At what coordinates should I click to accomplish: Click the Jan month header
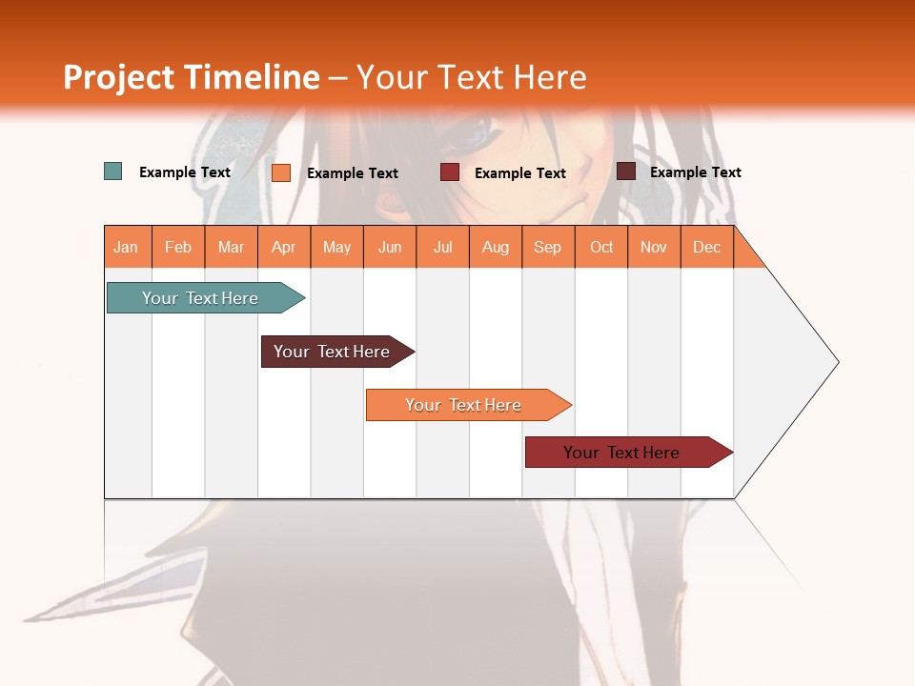(x=127, y=247)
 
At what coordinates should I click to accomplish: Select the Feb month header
(x=178, y=247)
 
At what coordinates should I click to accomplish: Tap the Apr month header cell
(x=284, y=247)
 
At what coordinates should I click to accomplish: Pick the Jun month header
(x=390, y=247)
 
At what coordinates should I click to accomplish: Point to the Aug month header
(x=496, y=247)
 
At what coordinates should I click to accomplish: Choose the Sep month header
(x=548, y=247)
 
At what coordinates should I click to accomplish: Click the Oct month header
(x=601, y=247)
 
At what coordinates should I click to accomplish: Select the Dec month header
(x=707, y=247)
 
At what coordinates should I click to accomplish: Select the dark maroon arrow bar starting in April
(x=334, y=352)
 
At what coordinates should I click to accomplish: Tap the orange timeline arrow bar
(x=464, y=405)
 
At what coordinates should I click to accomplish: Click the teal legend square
(x=113, y=171)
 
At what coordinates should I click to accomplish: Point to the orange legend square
(x=281, y=172)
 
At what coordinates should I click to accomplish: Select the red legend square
(x=450, y=172)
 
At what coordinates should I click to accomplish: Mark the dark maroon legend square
(x=626, y=171)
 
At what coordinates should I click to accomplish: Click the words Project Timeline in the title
(x=192, y=77)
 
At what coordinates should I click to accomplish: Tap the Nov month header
(x=654, y=247)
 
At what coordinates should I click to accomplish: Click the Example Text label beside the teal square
(x=185, y=172)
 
